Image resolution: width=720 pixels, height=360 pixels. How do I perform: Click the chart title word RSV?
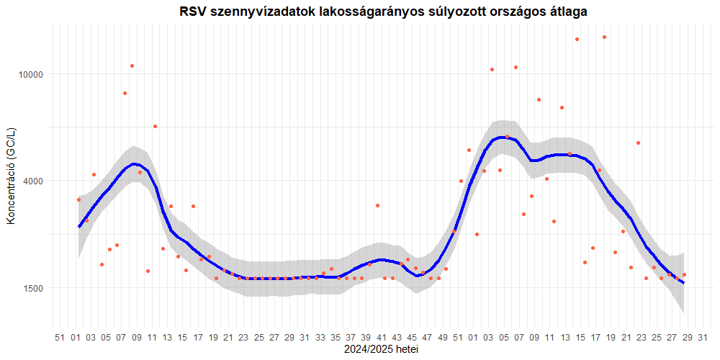coord(194,12)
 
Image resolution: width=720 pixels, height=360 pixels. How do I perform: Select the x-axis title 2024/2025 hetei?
coord(382,350)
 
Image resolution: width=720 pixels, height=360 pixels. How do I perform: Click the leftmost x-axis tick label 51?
coord(60,337)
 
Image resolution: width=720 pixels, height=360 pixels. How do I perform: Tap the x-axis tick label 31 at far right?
coord(703,337)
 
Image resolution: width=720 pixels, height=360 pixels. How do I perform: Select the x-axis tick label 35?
coord(335,337)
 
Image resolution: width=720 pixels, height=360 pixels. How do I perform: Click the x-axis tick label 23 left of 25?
coord(243,337)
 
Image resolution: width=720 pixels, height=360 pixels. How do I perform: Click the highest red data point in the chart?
coord(604,37)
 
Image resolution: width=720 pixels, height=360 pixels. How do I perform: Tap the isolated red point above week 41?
coord(377,205)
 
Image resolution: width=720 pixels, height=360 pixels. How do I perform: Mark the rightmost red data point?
coord(684,274)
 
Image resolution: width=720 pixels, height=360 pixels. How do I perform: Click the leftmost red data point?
coord(79,199)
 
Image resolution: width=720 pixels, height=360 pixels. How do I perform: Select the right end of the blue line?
coord(683,283)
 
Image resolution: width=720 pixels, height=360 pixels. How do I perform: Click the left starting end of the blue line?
coord(79,227)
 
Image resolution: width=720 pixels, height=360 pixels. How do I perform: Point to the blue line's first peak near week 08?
coord(133,164)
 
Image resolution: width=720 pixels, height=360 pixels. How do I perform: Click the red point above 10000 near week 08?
coord(132,66)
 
